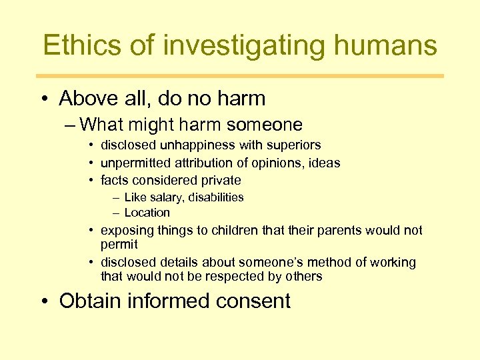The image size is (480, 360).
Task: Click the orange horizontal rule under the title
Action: tap(240, 76)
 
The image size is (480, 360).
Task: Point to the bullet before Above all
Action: tap(44, 99)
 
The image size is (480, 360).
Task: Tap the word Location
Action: tap(147, 213)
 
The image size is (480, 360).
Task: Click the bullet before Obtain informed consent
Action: tap(44, 301)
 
